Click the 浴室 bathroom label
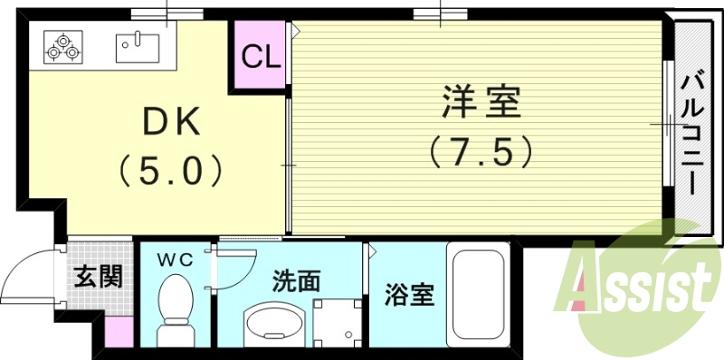point(409,295)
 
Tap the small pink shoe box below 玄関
point(119,331)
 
